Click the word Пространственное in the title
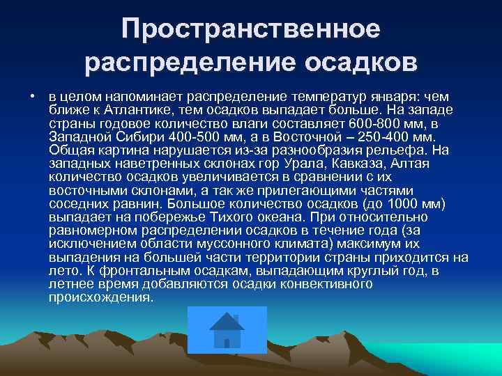[x=251, y=29]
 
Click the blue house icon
[x=227, y=329]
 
